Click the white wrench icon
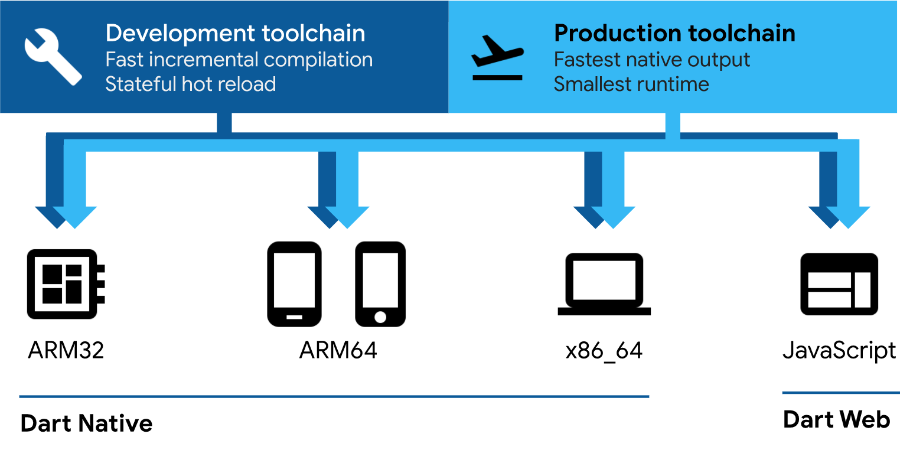click(x=53, y=56)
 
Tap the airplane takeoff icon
click(x=497, y=57)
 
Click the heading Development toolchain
click(x=235, y=33)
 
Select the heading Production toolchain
click(x=674, y=33)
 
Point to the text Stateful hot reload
click(x=190, y=84)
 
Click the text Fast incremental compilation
click(x=239, y=60)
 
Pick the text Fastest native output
click(x=652, y=60)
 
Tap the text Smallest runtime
click(x=631, y=84)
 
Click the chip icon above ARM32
click(x=66, y=284)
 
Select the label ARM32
click(x=66, y=350)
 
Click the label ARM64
click(x=338, y=350)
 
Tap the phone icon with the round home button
click(x=380, y=284)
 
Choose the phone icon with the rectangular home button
click(x=294, y=284)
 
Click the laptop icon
click(x=604, y=284)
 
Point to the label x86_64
click(x=604, y=351)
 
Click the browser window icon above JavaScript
click(x=839, y=284)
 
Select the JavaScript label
click(x=839, y=351)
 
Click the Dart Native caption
click(x=86, y=423)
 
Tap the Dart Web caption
click(x=837, y=419)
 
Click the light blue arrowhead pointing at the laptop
click(x=613, y=217)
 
